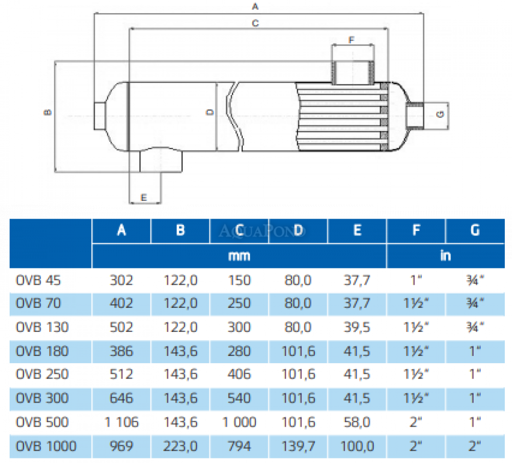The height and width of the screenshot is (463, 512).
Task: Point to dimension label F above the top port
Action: pyautogui.click(x=351, y=39)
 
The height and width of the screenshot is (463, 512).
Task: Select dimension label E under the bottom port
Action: pyautogui.click(x=144, y=197)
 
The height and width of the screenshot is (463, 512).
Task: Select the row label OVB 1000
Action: pyautogui.click(x=46, y=446)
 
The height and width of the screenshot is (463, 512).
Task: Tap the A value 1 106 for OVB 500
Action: pyautogui.click(x=121, y=422)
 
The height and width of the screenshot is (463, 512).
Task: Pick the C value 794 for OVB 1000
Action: pyautogui.click(x=239, y=446)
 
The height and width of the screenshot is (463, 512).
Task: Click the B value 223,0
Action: pyautogui.click(x=180, y=446)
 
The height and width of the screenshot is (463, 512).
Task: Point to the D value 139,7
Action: pyautogui.click(x=298, y=446)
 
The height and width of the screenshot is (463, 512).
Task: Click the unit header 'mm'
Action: pyautogui.click(x=239, y=256)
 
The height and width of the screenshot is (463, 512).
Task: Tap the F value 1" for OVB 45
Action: pyautogui.click(x=416, y=280)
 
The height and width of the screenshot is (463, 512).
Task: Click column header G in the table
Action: pyautogui.click(x=475, y=230)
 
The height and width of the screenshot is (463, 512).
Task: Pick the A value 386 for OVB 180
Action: pyautogui.click(x=121, y=351)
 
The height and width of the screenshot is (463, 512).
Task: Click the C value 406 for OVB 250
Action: pyautogui.click(x=239, y=374)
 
